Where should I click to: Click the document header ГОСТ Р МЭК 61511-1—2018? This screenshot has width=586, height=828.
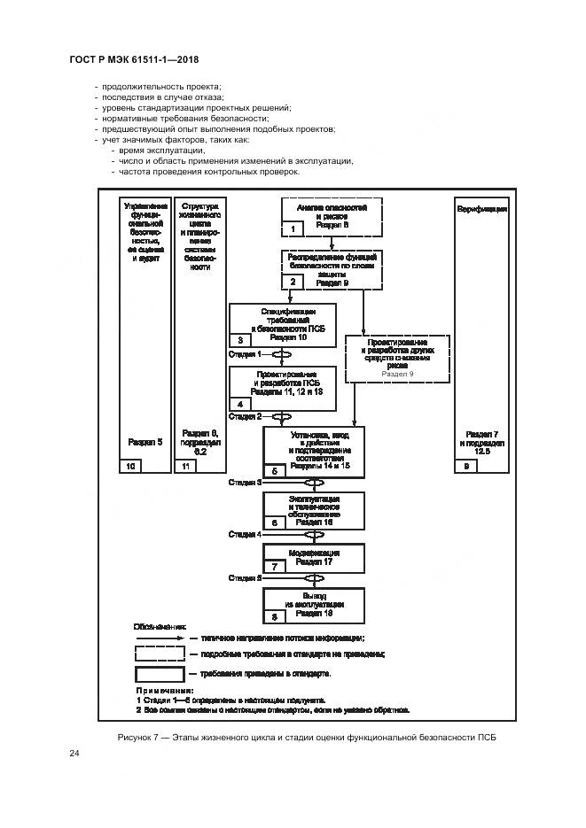(x=134, y=59)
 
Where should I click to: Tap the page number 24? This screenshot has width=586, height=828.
(x=74, y=754)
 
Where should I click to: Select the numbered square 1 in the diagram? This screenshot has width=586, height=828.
(x=292, y=229)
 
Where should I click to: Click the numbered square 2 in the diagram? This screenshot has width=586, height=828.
(x=292, y=282)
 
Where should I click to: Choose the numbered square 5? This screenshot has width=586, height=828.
(x=274, y=472)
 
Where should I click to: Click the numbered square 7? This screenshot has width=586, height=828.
(x=274, y=565)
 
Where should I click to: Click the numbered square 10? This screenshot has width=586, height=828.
(x=129, y=466)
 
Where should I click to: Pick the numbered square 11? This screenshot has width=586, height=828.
(x=185, y=466)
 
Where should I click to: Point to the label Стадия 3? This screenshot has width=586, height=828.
(x=245, y=483)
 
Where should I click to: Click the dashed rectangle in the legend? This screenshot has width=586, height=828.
(x=160, y=654)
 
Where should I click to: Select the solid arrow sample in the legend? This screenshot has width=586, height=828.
(x=160, y=637)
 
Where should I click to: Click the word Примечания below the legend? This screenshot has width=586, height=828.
(x=164, y=689)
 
